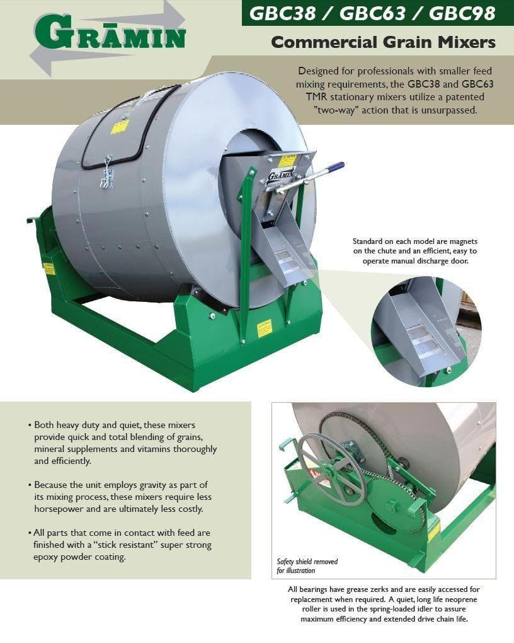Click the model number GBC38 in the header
[x=282, y=13]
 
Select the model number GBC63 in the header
[x=373, y=13]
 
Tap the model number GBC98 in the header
[x=462, y=13]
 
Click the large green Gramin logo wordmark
[x=110, y=33]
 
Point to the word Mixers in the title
[x=465, y=42]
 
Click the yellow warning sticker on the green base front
[x=265, y=328]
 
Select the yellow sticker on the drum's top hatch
[x=120, y=126]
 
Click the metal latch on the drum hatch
[x=107, y=173]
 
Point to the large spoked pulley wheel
[x=331, y=469]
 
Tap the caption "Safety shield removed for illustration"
[x=307, y=566]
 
